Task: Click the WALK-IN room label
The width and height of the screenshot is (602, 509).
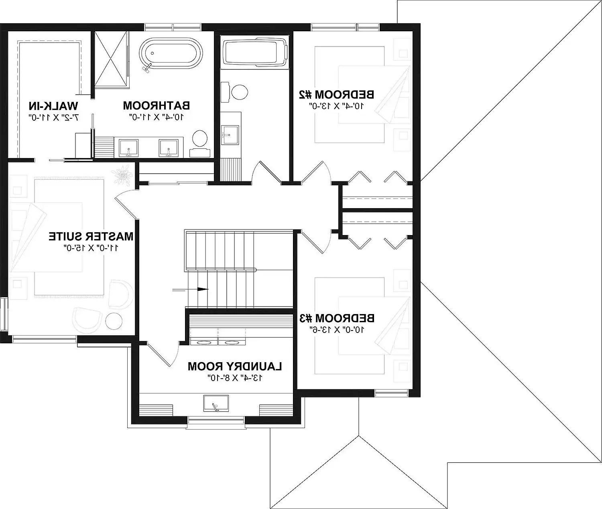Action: tap(53, 106)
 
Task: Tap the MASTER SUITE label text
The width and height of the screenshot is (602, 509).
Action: tap(91, 236)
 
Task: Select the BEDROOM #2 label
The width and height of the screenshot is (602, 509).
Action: tap(336, 95)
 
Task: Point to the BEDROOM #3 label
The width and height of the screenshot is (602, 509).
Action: tap(337, 318)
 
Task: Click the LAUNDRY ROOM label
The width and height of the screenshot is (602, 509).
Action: tap(235, 366)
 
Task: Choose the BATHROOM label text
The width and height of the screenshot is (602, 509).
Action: tap(156, 106)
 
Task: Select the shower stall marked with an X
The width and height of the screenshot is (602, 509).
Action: tap(112, 59)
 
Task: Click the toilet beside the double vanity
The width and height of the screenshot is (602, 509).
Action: tap(199, 140)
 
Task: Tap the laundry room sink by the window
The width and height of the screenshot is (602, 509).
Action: tap(216, 403)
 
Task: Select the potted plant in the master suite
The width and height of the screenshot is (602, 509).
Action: tap(122, 175)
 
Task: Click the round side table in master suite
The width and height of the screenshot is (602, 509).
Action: tap(114, 322)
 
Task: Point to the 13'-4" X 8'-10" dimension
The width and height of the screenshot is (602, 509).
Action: tap(235, 377)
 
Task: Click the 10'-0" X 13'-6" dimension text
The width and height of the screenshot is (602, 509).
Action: tap(337, 330)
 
